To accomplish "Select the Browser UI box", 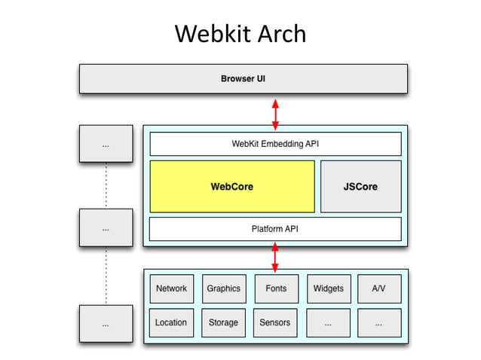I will [x=243, y=78].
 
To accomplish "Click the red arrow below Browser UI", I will [x=275, y=113].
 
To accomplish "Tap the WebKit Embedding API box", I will [x=275, y=143].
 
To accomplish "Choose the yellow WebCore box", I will [x=231, y=186].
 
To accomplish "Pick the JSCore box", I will [x=360, y=186].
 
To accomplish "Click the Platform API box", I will [x=275, y=228].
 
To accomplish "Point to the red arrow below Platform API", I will [x=275, y=257].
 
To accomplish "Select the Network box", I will [x=171, y=288].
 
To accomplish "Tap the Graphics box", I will [x=223, y=288].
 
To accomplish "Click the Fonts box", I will [x=275, y=288].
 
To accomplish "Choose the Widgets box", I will [x=328, y=288].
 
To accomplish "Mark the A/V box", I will [x=379, y=288].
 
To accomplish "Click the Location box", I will [x=171, y=322].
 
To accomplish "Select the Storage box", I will [x=223, y=322].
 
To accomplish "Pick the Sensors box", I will [x=275, y=322].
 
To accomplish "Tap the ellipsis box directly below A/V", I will [x=379, y=322].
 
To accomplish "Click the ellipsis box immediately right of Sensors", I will [x=328, y=322].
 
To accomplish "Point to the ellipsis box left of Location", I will [x=106, y=323].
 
